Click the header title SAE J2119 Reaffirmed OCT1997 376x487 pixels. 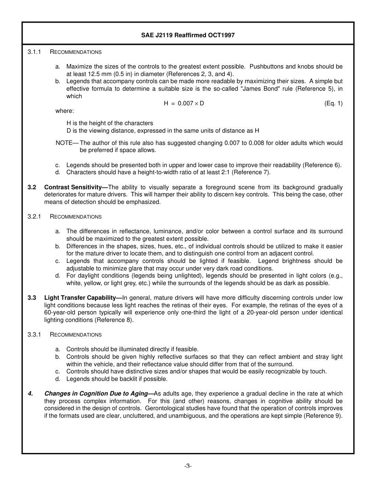188,35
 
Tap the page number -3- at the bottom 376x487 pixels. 188,466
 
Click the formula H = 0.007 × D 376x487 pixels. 184,103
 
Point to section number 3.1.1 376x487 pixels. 34,52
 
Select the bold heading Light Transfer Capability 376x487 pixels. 83,298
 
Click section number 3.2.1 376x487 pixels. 34,217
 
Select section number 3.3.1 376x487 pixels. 34,335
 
